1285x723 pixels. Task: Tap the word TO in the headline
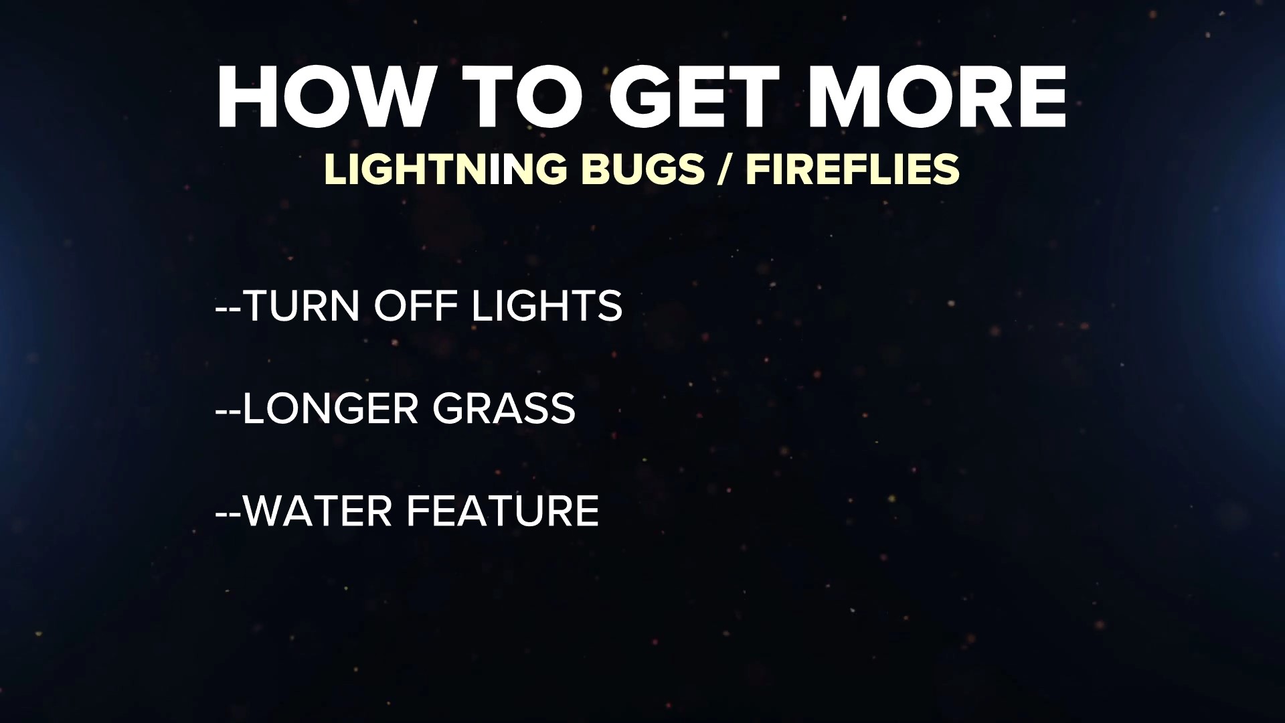[522, 98]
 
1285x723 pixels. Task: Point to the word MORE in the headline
[937, 98]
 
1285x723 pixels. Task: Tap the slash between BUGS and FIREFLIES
[724, 169]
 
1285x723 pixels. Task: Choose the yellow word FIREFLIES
[853, 169]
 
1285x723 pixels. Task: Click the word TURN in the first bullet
[301, 306]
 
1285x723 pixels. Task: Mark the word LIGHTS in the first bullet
[547, 306]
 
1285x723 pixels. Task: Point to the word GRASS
[504, 408]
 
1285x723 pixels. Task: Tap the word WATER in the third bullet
[317, 511]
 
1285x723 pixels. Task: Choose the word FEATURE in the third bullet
[503, 511]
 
